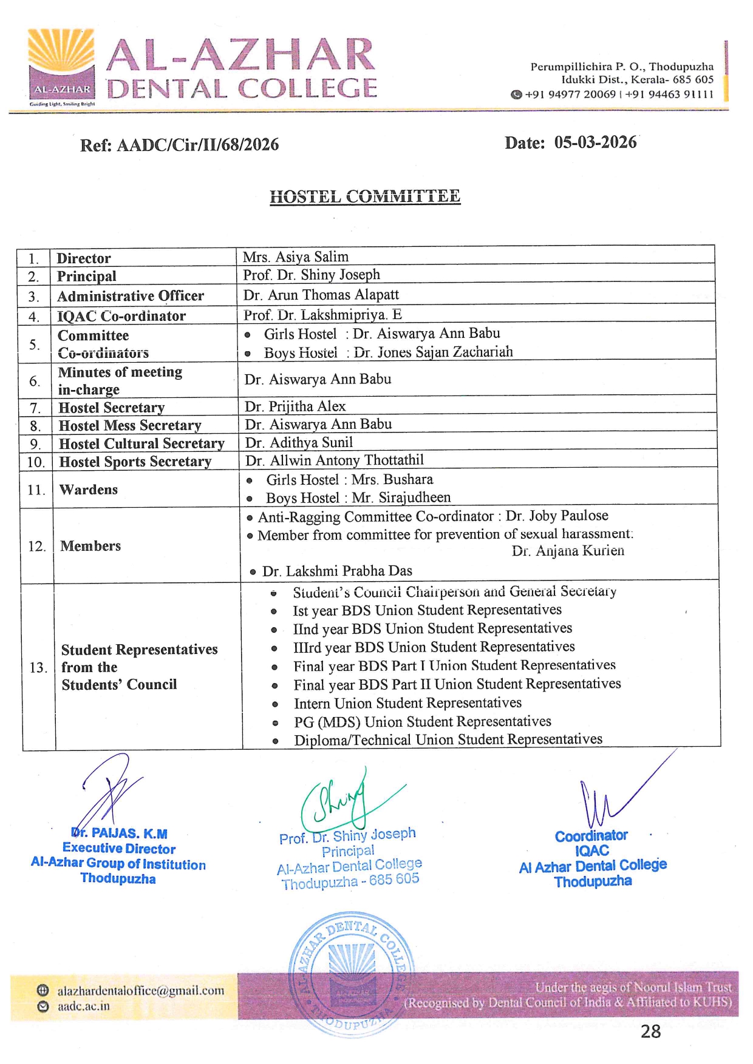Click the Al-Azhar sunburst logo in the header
[x=61, y=66]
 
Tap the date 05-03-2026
[x=595, y=143]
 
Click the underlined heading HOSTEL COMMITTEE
[x=365, y=197]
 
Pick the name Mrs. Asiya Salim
[x=296, y=257]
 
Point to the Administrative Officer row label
[x=131, y=296]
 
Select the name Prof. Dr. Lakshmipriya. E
[x=322, y=315]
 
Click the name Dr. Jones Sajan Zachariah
[x=433, y=352]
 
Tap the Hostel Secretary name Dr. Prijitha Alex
[x=295, y=406]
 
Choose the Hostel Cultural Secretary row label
[x=141, y=443]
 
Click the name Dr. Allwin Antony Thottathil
[x=335, y=460]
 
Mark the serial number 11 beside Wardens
[x=36, y=490]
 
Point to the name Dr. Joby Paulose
[x=557, y=516]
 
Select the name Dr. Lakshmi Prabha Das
[x=337, y=571]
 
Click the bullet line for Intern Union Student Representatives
[x=407, y=703]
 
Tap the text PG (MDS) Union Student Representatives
[x=423, y=722]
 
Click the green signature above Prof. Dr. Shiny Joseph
[x=340, y=798]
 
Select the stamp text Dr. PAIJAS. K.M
[x=120, y=833]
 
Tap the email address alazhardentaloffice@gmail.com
[x=140, y=991]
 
